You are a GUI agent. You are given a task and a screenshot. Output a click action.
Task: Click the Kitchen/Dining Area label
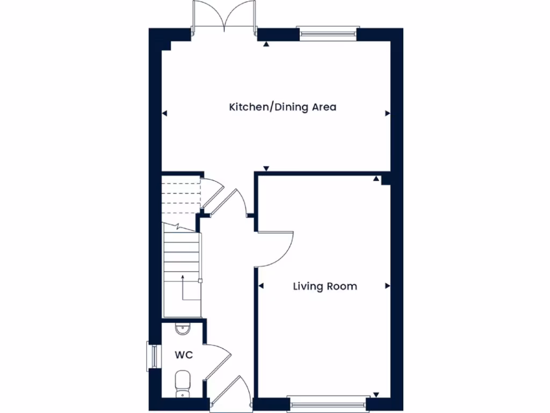coord(283,107)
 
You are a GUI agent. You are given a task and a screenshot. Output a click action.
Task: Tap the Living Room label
coord(324,286)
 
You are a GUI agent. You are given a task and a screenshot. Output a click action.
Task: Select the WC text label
coord(183,355)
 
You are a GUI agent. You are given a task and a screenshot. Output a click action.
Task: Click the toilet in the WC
coord(183,383)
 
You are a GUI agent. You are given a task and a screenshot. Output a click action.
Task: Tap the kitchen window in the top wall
coord(328,33)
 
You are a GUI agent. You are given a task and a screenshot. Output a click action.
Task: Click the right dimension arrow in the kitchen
coord(387,113)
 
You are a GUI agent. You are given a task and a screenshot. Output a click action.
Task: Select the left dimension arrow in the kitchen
coord(165,113)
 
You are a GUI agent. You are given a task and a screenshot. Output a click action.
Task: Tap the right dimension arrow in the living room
coord(387,286)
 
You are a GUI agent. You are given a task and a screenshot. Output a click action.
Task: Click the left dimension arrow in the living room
coord(262,286)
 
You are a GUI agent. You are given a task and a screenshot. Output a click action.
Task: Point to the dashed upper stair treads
coord(182,196)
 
